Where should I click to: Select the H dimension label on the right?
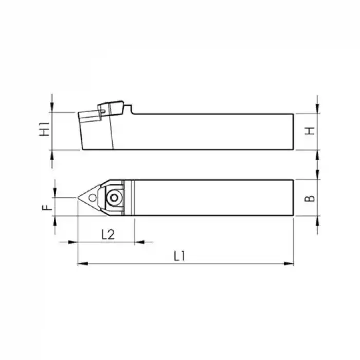coord(309,131)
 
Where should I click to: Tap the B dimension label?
coord(309,197)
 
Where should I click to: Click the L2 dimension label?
coord(107,235)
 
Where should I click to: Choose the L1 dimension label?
coord(179,256)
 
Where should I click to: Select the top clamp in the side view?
coord(112,107)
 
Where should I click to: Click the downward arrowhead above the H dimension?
coord(318,109)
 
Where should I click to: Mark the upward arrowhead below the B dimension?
coord(318,220)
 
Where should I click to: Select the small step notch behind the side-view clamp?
coord(131,111)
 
